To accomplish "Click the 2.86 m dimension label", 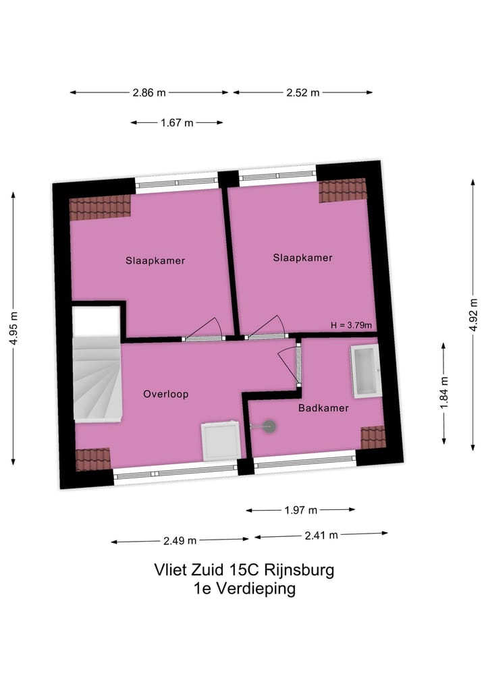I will tap(149, 93).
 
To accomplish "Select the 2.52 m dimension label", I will tap(303, 93).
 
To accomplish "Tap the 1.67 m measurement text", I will tap(176, 123).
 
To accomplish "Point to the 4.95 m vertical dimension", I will tap(13, 328).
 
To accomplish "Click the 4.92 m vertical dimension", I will tap(473, 315).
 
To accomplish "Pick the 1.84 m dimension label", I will tap(443, 393).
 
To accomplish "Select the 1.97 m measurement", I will tap(300, 510).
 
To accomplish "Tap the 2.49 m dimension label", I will tap(180, 540).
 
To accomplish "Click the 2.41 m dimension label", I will tap(321, 536).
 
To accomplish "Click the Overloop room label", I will tap(165, 394).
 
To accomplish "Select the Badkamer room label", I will tap(323, 408).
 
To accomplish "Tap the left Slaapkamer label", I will tap(155, 260).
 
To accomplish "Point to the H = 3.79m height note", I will tap(351, 324).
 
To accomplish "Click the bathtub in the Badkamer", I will tap(364, 371).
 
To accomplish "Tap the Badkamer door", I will tap(289, 364).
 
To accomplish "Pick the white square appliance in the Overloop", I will tap(221, 441).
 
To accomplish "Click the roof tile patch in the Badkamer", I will tap(373, 436).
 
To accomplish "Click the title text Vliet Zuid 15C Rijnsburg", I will tap(244, 570).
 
